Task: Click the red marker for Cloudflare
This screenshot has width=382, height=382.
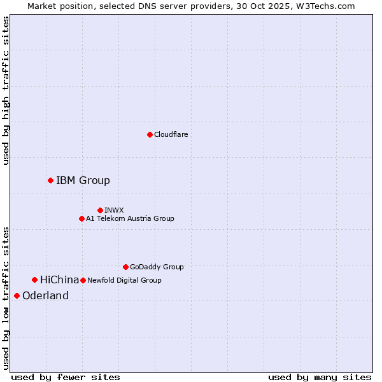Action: (150, 134)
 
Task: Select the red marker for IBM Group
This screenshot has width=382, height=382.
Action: (50, 181)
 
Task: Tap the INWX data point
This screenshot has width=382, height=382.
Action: (100, 210)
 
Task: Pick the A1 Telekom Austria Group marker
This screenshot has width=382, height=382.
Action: (81, 219)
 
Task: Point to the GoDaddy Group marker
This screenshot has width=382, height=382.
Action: (125, 267)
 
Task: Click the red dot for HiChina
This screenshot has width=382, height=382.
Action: (34, 280)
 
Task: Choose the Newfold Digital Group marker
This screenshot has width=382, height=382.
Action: (83, 280)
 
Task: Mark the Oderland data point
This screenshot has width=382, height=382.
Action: (17, 295)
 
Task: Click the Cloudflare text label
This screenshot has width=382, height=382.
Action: (171, 135)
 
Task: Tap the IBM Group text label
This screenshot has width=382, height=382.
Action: (83, 181)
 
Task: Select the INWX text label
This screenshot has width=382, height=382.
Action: (115, 210)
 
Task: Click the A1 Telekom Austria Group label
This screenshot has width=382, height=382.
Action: (130, 219)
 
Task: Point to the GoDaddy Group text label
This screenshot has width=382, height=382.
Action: (157, 267)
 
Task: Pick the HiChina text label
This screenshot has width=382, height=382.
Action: (59, 280)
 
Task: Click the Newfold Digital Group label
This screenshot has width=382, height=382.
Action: (124, 280)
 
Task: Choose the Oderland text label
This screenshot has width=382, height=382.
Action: (45, 296)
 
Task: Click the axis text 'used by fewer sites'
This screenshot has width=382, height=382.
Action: (66, 378)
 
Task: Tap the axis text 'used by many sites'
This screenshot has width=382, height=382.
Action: (320, 378)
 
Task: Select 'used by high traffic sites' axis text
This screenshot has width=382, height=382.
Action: (6, 90)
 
